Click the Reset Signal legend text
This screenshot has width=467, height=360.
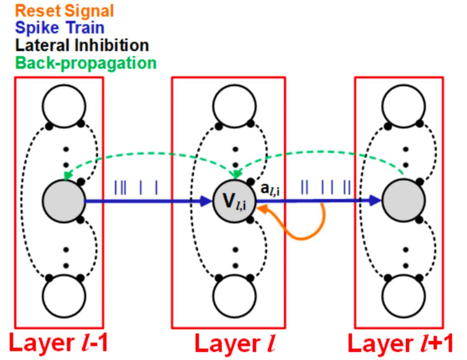(65, 10)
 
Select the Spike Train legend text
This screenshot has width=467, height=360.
(60, 28)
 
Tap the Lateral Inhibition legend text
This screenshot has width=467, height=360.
(82, 45)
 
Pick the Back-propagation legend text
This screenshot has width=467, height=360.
(86, 63)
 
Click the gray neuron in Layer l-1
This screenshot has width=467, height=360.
(64, 201)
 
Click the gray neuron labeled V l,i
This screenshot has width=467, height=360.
(234, 201)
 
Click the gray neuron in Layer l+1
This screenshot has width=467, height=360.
(403, 201)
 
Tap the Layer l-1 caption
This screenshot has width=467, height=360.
(59, 344)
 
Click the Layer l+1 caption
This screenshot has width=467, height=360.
(400, 344)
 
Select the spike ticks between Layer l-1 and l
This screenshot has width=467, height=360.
(136, 188)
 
